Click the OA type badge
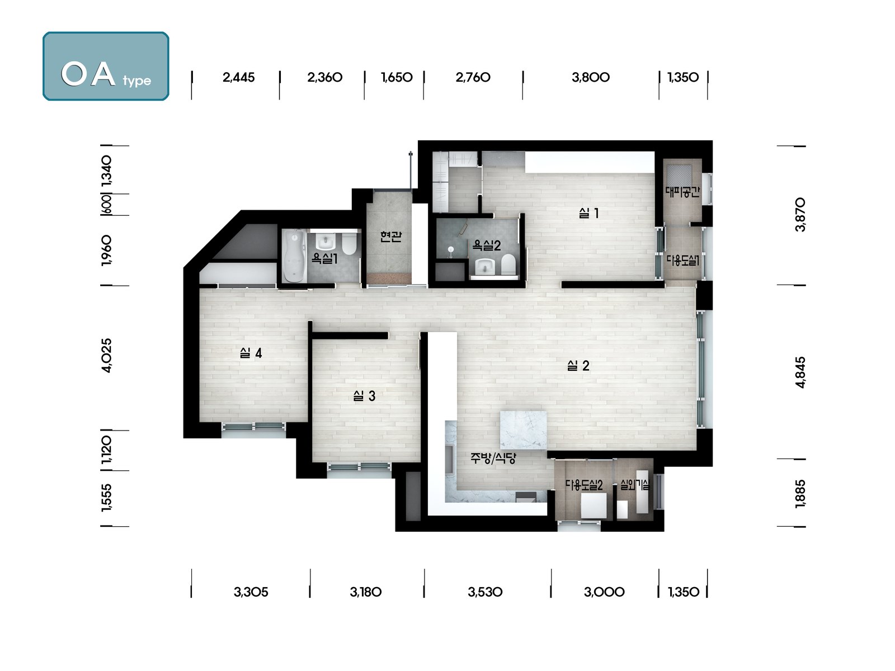(106, 66)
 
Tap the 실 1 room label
(589, 213)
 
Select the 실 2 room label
(578, 366)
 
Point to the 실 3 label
(364, 395)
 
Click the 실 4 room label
(251, 353)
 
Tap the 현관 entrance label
(390, 237)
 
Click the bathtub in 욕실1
(294, 256)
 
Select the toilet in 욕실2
(508, 263)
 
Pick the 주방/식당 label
(493, 459)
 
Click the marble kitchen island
(523, 430)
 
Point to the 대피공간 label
(682, 191)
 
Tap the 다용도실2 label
(584, 485)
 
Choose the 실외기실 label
(635, 485)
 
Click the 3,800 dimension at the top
(590, 77)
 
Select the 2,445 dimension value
(238, 77)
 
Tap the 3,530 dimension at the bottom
(485, 592)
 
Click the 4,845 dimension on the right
(800, 372)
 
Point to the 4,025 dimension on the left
(106, 355)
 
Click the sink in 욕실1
(326, 242)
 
